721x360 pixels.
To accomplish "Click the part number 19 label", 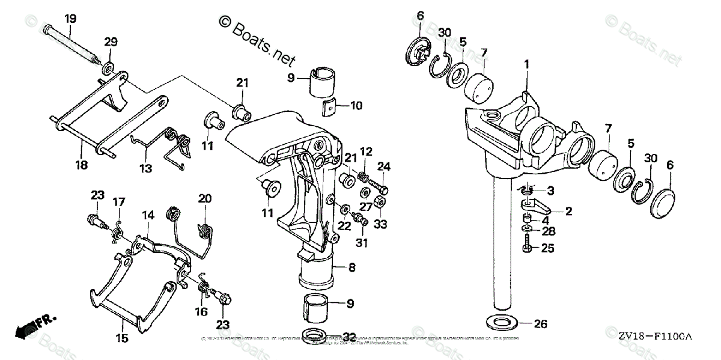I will (71, 19).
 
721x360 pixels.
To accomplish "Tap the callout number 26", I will (540, 324).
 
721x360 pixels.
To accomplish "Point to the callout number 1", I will (526, 64).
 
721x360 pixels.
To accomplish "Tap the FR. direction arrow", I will (32, 326).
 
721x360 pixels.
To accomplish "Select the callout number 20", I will (204, 199).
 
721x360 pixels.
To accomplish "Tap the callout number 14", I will (148, 214).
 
